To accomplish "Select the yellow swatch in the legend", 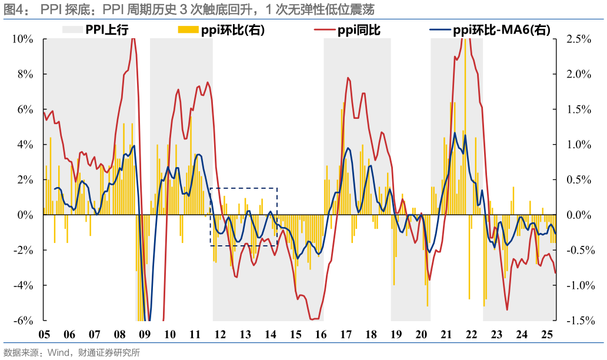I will coord(188,29).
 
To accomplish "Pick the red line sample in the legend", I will coord(325,29).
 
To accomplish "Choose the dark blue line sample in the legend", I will coord(440,29).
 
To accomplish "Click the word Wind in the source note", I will coord(58,353).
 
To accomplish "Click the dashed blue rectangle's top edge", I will coord(244,189).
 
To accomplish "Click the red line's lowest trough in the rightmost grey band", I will coord(507,309).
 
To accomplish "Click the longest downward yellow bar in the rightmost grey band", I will coord(485,305).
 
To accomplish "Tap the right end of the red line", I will coord(555,272).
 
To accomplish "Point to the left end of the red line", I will coord(45,113).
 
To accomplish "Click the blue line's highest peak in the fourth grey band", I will coord(465,135).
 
